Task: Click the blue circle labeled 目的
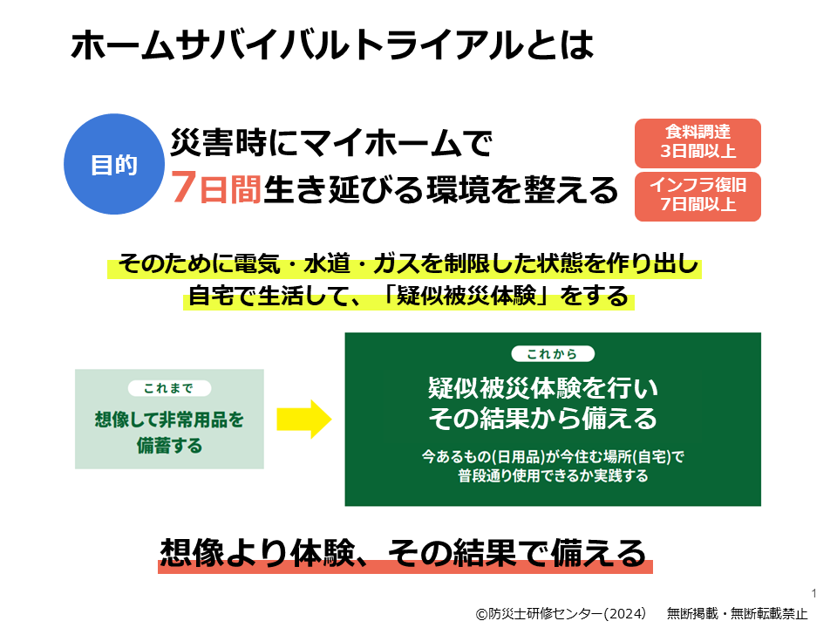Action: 114,164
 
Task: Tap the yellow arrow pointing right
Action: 303,420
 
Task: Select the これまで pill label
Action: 169,388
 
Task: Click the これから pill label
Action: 553,353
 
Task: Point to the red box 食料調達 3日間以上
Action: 697,143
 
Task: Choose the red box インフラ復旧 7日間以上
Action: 697,196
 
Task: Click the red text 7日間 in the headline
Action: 215,188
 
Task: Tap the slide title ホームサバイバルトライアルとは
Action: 332,44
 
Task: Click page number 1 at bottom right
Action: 813,593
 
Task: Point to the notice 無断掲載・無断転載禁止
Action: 738,613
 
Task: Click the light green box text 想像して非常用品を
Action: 169,420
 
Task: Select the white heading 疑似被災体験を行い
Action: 543,388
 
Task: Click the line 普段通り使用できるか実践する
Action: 553,475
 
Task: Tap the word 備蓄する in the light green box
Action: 169,446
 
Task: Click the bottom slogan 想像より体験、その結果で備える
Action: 404,553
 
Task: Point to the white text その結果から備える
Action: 543,418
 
